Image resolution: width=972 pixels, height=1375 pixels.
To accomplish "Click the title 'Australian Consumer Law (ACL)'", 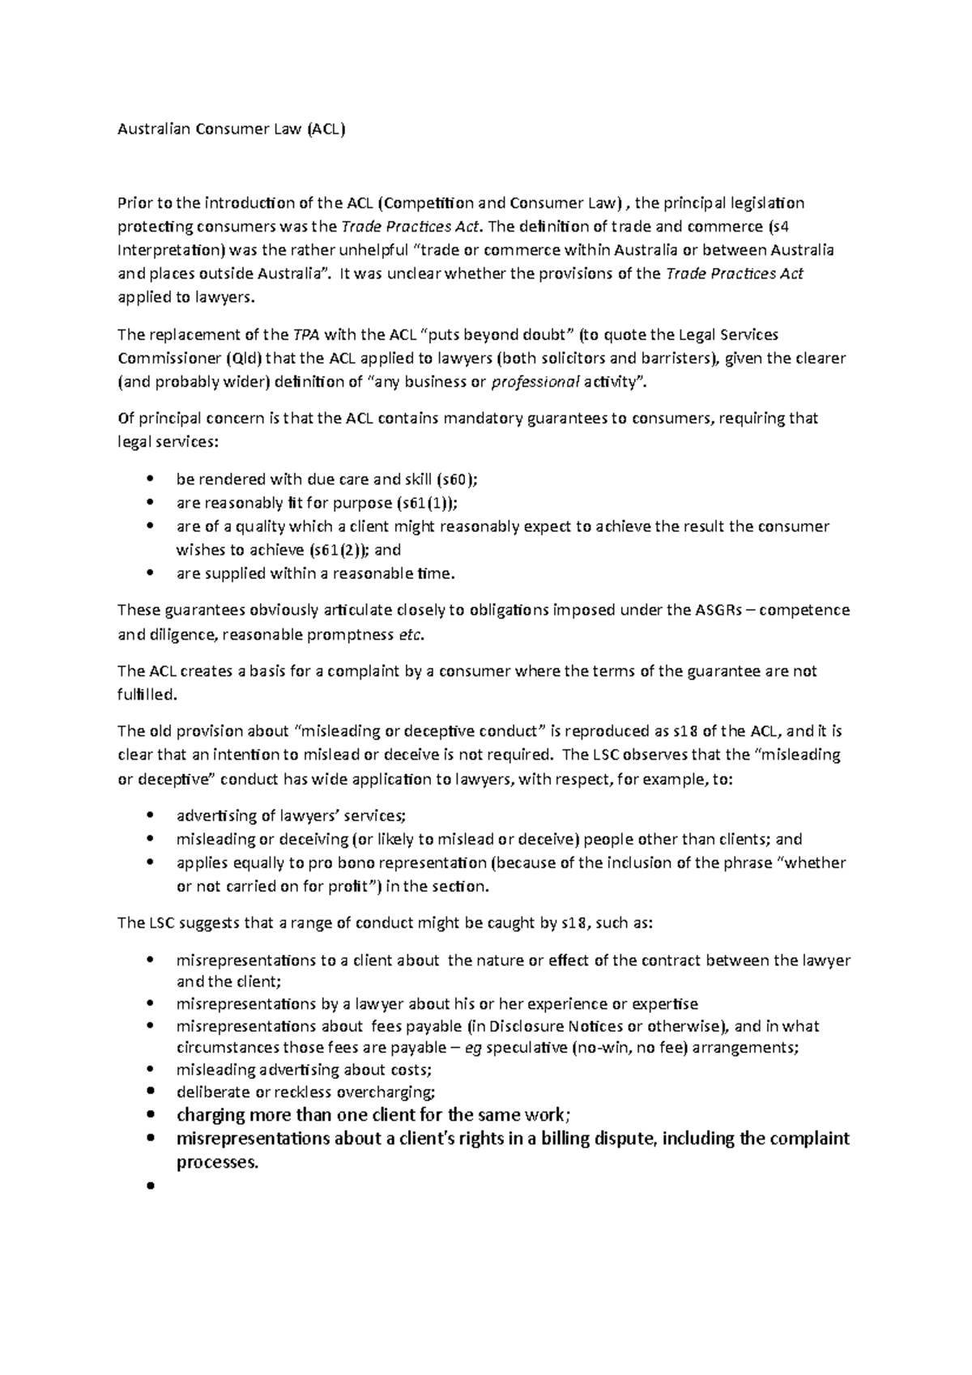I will (x=231, y=129).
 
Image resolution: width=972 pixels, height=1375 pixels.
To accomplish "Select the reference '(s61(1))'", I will (x=427, y=502).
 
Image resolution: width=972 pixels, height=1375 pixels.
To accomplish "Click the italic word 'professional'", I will (x=536, y=382).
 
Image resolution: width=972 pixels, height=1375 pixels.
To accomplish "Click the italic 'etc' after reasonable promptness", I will (x=411, y=634).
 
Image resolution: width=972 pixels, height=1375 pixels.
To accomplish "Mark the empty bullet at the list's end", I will (x=150, y=1186).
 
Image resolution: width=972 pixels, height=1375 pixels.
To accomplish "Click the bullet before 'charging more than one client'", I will (x=150, y=1115).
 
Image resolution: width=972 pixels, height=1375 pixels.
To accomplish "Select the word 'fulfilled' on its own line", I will (x=146, y=695).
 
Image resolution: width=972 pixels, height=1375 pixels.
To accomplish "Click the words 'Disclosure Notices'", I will (x=556, y=1026).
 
